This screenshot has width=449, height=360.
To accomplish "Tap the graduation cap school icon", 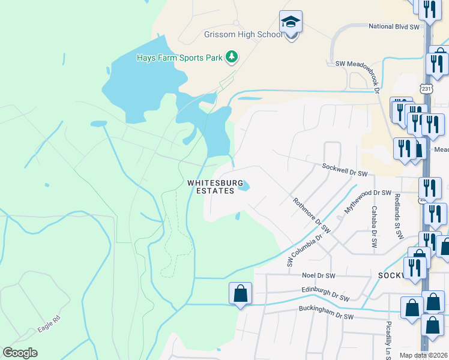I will pyautogui.click(x=291, y=22).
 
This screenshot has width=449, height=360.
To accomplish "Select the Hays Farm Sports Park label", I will pyautogui.click(x=179, y=58).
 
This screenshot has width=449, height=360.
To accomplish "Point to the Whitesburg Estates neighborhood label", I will pyautogui.click(x=215, y=187).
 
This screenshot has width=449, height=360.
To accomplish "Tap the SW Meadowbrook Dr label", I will pyautogui.click(x=359, y=64).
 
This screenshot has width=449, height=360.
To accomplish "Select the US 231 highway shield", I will pyautogui.click(x=426, y=88).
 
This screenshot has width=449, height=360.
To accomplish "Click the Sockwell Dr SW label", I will pyautogui.click(x=345, y=170).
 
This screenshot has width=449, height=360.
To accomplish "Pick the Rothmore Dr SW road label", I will pyautogui.click(x=313, y=215).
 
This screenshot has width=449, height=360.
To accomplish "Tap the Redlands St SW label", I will pyautogui.click(x=398, y=217).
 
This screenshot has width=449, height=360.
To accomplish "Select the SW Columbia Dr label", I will pyautogui.click(x=306, y=250).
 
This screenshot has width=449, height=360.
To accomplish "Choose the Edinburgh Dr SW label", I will pyautogui.click(x=325, y=293).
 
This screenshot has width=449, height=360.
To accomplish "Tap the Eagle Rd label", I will pyautogui.click(x=49, y=322).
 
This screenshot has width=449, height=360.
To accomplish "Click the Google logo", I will pyautogui.click(x=20, y=353).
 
